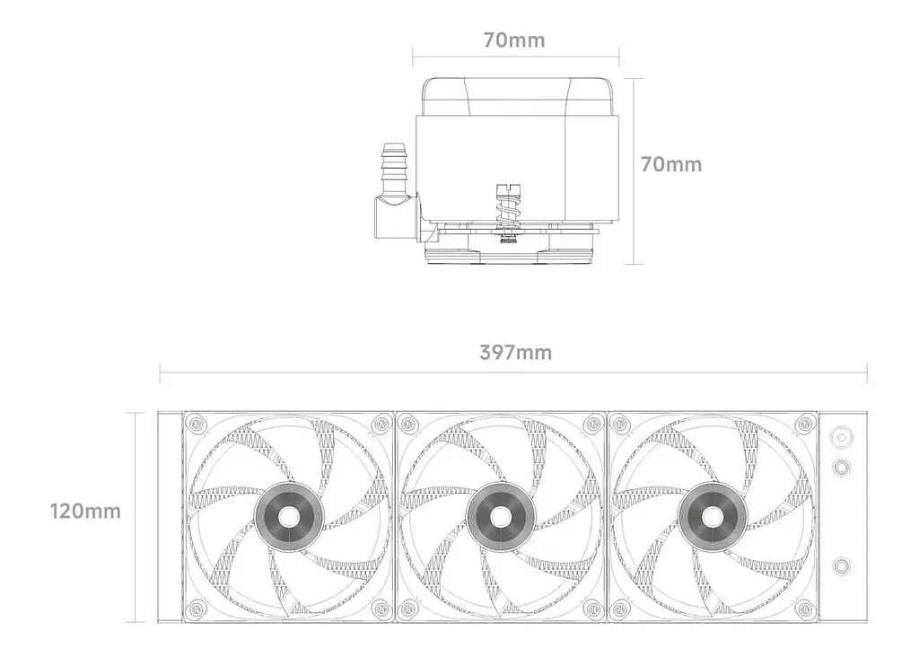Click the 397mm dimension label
(515, 352)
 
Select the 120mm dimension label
(85, 511)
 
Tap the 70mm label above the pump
(514, 39)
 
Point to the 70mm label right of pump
(671, 164)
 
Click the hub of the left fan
(287, 517)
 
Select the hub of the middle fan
(500, 517)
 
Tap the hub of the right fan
(712, 517)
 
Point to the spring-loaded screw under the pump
(508, 212)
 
